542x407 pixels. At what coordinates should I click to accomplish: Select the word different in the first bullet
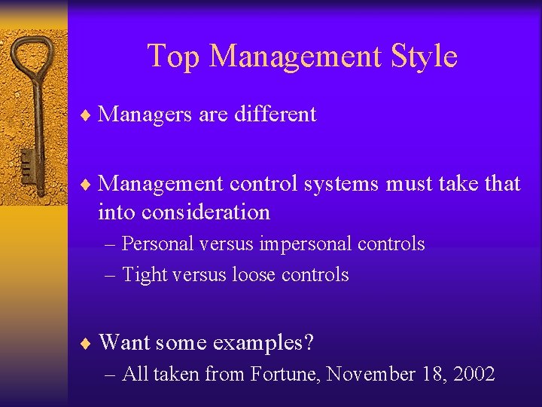pos(276,115)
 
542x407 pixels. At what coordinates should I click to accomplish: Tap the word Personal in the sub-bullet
pos(154,244)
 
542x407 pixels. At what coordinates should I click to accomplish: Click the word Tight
pos(145,275)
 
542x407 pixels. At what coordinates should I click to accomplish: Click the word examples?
pos(263,343)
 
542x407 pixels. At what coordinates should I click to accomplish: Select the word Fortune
pos(285,373)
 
